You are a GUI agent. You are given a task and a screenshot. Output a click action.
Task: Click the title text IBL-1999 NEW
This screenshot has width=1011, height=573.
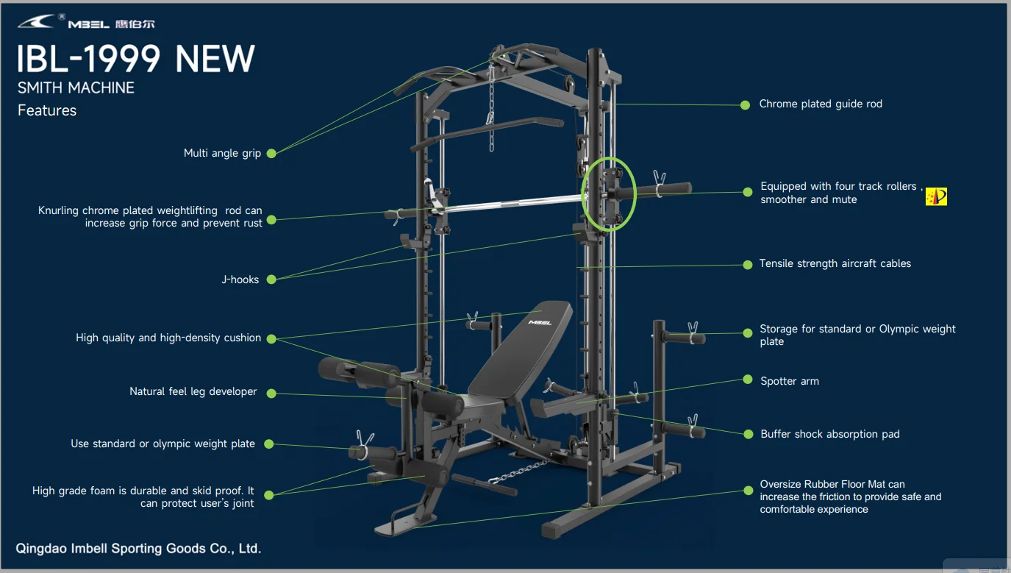coord(136,59)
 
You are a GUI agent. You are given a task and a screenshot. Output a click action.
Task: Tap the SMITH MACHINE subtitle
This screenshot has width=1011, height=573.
coord(76,88)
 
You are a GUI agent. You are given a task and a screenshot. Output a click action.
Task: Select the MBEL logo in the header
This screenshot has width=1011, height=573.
coord(87,23)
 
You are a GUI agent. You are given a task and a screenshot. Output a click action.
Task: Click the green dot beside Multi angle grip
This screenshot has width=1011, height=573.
coord(271,153)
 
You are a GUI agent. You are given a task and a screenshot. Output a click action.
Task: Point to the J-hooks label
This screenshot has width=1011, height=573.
coord(240,280)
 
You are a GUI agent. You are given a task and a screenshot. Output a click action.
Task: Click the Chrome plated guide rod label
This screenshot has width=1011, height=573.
coord(821,104)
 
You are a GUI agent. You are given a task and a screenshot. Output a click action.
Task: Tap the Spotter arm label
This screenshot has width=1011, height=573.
coord(790,381)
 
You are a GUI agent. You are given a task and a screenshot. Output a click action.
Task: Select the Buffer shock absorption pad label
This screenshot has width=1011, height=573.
coord(830,434)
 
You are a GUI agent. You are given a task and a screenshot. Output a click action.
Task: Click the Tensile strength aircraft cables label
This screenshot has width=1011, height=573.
coord(835,263)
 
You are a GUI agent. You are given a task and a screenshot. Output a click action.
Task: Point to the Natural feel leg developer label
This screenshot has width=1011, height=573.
coord(193,391)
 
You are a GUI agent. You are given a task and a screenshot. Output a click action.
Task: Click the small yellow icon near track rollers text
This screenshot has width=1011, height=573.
coord(936,196)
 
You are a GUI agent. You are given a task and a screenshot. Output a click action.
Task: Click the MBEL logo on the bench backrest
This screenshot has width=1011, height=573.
coord(540,322)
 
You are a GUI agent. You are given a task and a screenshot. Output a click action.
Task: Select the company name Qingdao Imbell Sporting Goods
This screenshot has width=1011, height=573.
coord(138,548)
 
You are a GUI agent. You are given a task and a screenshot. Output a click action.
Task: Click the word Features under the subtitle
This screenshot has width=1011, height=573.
coord(47,110)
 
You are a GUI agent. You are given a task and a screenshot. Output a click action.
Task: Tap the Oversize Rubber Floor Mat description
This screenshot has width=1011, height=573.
coord(851,497)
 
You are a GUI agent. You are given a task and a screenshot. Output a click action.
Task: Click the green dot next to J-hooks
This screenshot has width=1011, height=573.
coord(271,280)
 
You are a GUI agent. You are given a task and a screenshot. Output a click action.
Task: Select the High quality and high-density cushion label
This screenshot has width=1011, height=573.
coord(168,338)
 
